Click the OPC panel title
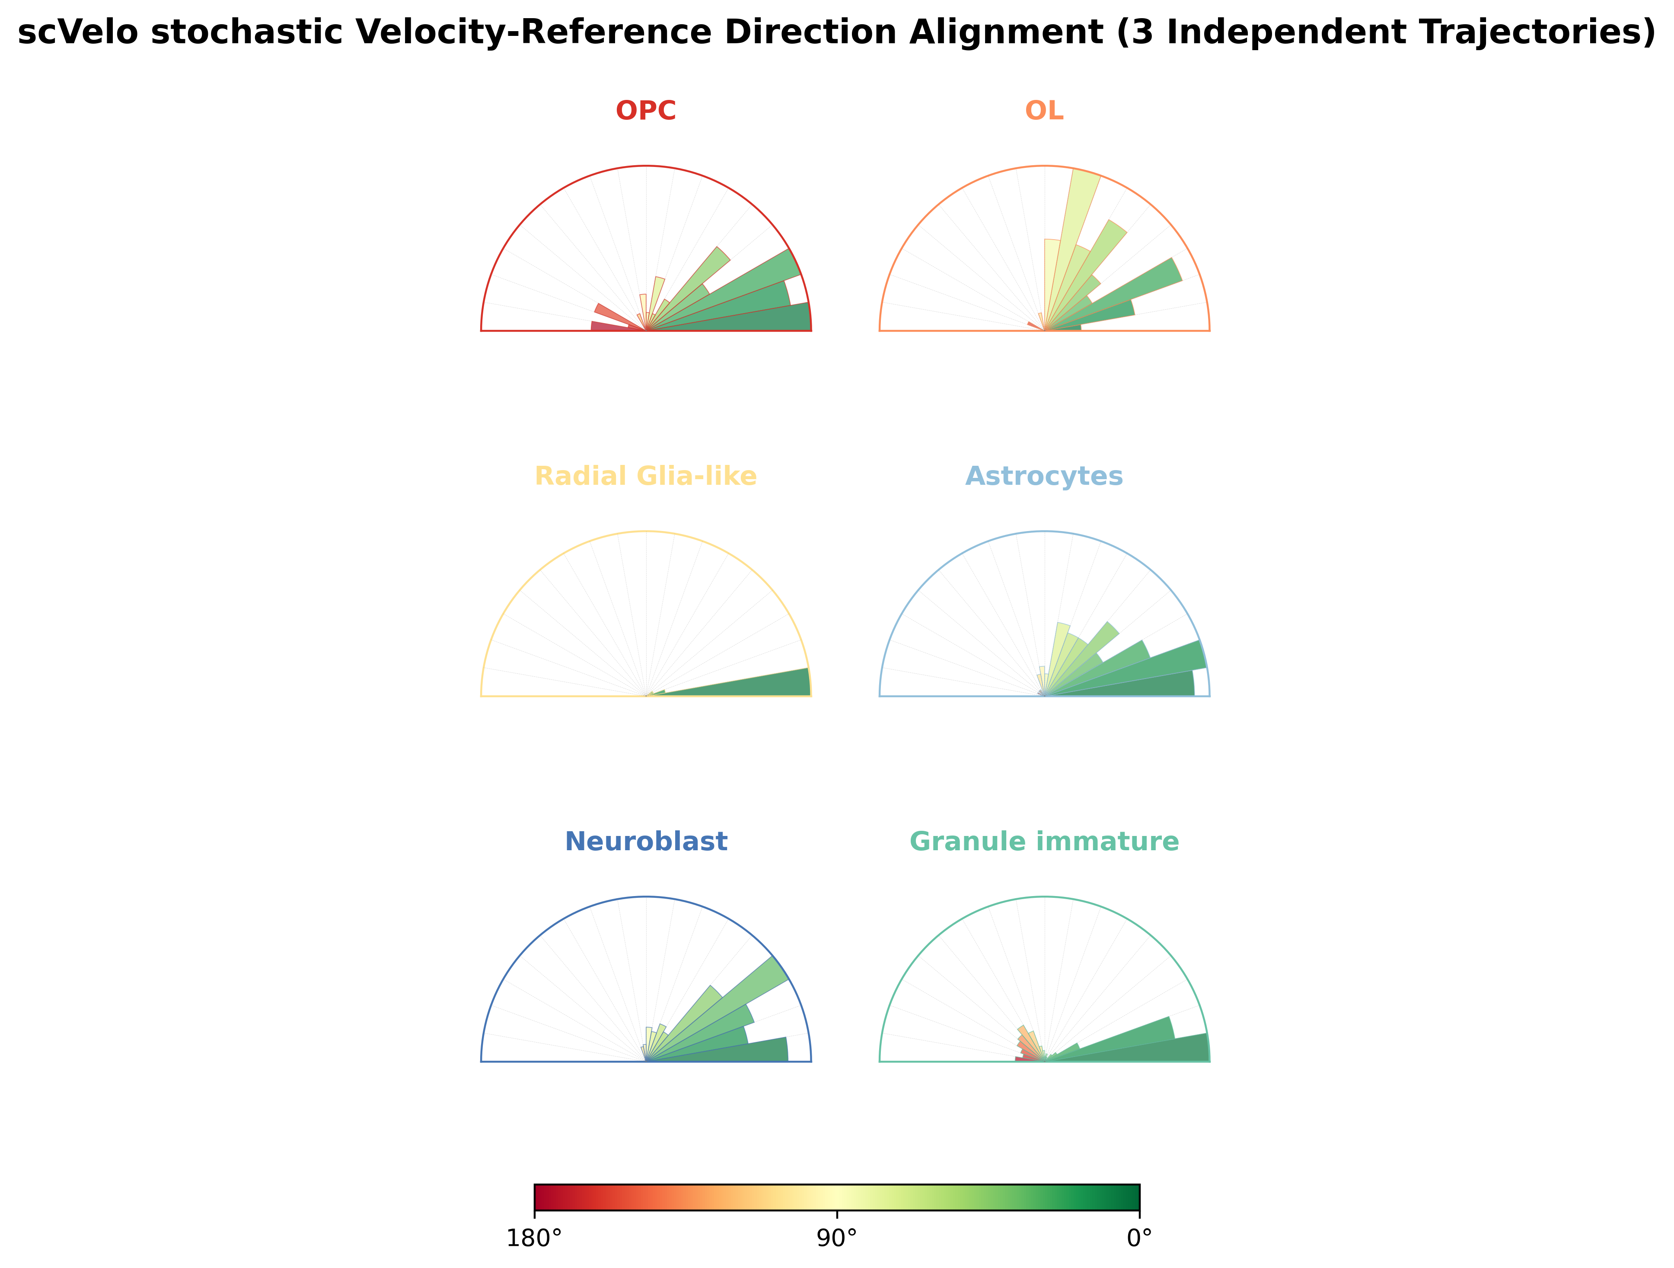pos(646,111)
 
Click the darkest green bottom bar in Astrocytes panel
pos(1128,685)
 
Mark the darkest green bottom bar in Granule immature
pos(1135,1048)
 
